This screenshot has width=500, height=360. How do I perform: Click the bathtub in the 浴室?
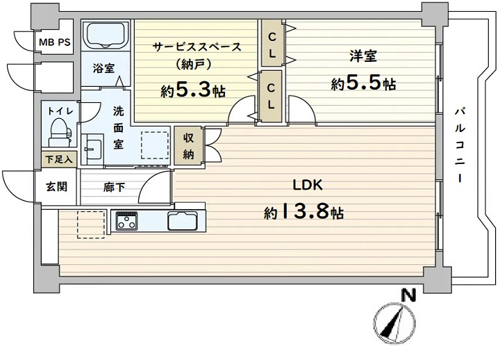pyautogui.click(x=106, y=35)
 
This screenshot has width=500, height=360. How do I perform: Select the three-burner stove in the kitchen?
pyautogui.click(x=126, y=220)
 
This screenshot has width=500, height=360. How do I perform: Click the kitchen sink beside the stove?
pyautogui.click(x=183, y=220)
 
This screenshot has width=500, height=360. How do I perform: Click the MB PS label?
pyautogui.click(x=55, y=42)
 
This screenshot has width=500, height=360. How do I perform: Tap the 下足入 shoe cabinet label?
pyautogui.click(x=59, y=159)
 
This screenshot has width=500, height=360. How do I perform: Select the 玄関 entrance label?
pyautogui.click(x=57, y=186)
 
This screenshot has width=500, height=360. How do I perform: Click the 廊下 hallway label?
pyautogui.click(x=114, y=187)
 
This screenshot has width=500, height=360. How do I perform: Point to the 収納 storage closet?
pyautogui.click(x=188, y=145)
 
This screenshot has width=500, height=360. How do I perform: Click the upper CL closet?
pyautogui.click(x=272, y=43)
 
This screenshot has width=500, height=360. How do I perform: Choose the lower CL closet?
pyautogui.click(x=271, y=97)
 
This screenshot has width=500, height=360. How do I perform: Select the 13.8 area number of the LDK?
pyautogui.click(x=305, y=213)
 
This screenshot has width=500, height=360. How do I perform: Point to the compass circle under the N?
pyautogui.click(x=394, y=322)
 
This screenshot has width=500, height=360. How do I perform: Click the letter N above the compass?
pyautogui.click(x=408, y=295)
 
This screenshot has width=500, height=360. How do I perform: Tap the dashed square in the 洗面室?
pyautogui.click(x=155, y=145)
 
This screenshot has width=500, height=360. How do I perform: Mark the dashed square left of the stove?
pyautogui.click(x=90, y=224)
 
